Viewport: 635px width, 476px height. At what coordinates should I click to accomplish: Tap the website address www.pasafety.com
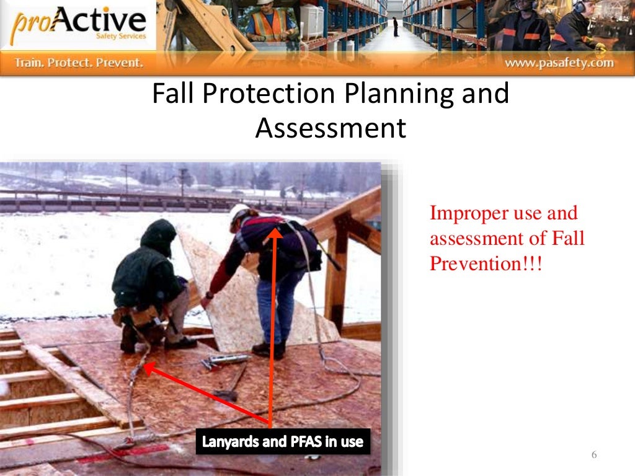(x=559, y=63)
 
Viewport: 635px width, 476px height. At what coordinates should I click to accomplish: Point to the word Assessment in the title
(x=331, y=128)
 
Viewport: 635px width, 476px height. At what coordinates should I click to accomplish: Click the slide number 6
(x=593, y=456)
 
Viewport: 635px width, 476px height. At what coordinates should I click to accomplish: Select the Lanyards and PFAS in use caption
(x=283, y=442)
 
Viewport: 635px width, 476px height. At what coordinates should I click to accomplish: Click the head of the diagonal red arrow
(x=149, y=368)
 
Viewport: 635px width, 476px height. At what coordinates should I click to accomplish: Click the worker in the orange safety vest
(x=269, y=24)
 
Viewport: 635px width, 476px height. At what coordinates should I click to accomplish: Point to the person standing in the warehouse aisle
(x=395, y=26)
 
